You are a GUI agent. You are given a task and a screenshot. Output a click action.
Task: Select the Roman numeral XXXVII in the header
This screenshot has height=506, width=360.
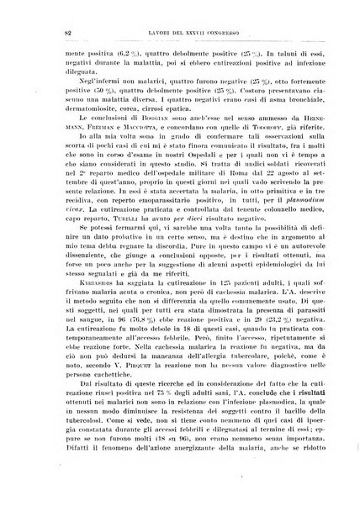tap(187, 33)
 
